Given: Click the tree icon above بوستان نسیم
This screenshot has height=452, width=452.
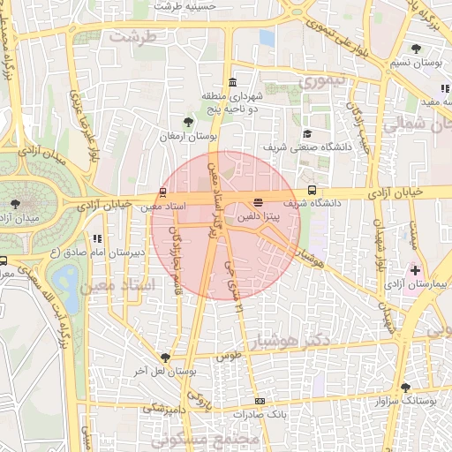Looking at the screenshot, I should pos(416,49).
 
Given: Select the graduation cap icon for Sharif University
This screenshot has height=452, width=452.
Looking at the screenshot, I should pos(306,133).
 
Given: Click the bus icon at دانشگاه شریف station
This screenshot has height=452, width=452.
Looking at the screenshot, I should pos(312,190).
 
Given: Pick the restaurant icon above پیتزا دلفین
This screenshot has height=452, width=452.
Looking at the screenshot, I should pos(258,202).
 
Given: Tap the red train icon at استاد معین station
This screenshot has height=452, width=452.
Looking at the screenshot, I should pos(162,192).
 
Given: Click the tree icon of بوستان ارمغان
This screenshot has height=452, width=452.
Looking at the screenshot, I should pos(187,122).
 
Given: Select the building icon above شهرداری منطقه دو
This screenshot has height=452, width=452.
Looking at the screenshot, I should pos(232,82).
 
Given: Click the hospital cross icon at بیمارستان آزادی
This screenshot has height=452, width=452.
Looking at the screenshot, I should pos(415,268).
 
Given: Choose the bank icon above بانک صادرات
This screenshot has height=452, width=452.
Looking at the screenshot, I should pos(260,400).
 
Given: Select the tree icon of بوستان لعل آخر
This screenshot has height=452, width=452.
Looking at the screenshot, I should pos(165,357).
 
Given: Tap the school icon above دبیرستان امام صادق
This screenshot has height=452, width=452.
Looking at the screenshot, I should pos(97,238).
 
